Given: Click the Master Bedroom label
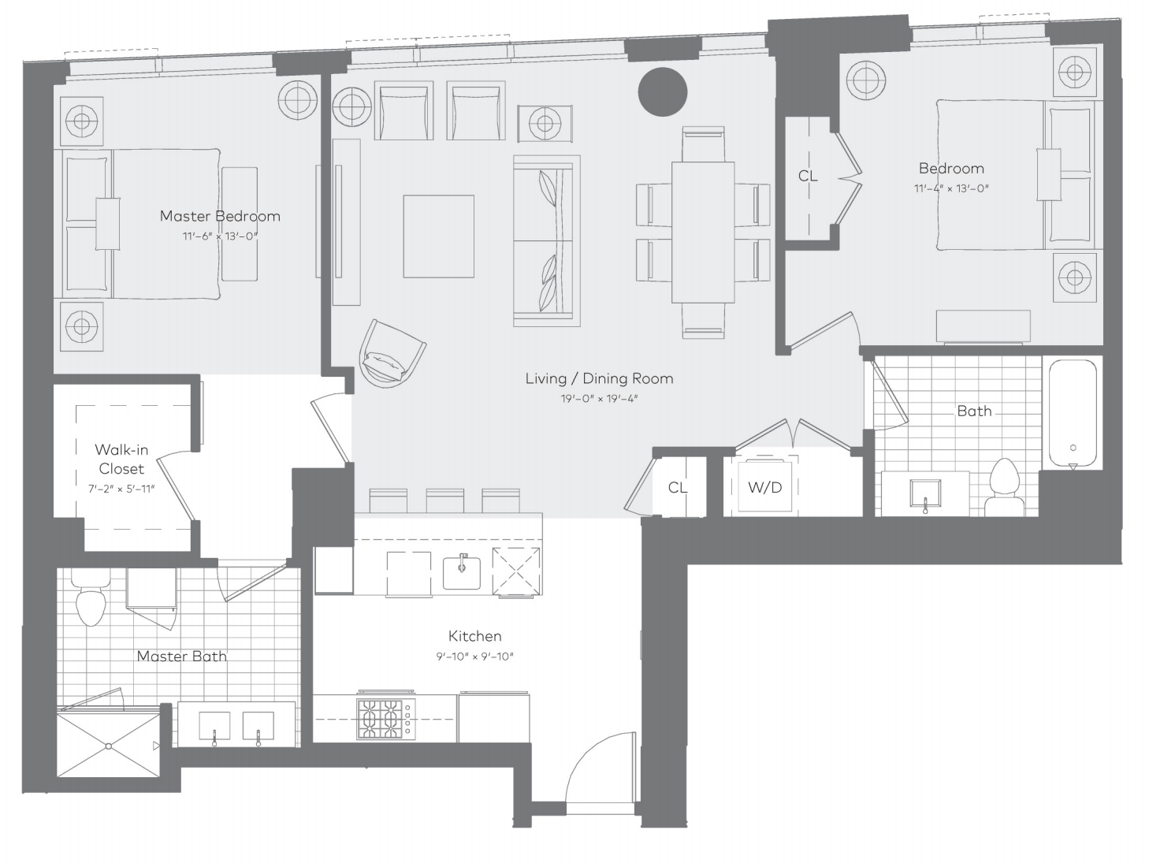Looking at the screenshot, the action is pos(220,216).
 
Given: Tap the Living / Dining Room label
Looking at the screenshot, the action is pos(600,378).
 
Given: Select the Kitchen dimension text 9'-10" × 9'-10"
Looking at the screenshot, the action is pos(474,657).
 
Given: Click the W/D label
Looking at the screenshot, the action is pos(764,487).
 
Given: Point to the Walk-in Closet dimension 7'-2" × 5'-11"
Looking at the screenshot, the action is pos(121,489).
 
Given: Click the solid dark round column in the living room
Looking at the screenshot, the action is pos(662,91).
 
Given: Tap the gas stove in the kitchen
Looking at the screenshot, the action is pos(386,719).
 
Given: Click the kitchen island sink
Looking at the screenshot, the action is pos(462,573).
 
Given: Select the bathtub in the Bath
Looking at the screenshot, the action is pos(1073,414).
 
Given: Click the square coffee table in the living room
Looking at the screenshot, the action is pos(439,236).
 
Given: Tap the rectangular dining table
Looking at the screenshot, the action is pos(703,233).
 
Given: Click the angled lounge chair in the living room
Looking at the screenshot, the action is pos(392,355).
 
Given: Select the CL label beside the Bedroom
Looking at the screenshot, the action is pos(807,176).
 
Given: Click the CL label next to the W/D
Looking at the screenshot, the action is pos(678,487).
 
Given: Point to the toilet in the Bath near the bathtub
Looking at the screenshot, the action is pos(1005,487).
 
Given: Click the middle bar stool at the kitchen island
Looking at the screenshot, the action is pos(445,501).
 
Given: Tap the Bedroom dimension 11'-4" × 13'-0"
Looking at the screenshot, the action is pos(951,188).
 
